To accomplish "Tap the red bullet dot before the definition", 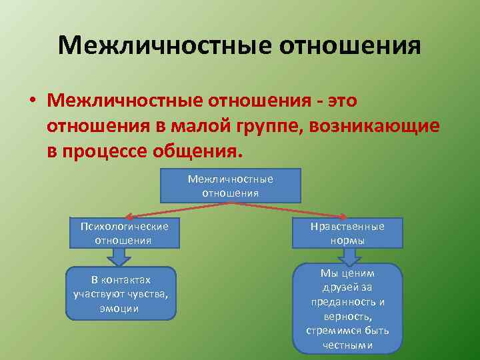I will (x=32, y=101).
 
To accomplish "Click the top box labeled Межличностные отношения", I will (x=230, y=185).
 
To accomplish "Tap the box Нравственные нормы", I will (x=347, y=233).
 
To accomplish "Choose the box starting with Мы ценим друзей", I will (x=347, y=308).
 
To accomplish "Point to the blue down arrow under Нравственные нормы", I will (x=347, y=255).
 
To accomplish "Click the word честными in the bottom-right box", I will (x=347, y=345).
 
